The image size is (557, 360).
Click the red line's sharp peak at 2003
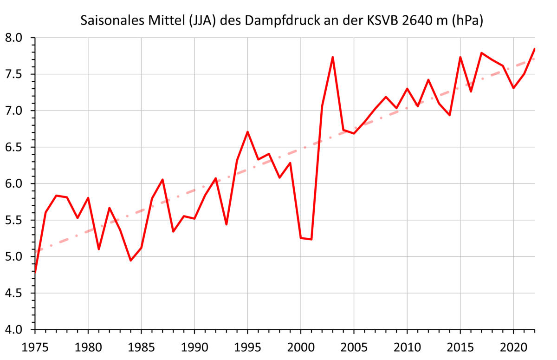333,57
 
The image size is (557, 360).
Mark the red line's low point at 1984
131,261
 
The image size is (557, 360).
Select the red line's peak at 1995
248,132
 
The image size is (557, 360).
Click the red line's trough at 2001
311,240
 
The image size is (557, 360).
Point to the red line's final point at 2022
535,49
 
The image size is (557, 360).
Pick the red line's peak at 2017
481,53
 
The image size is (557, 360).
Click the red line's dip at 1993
227,224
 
